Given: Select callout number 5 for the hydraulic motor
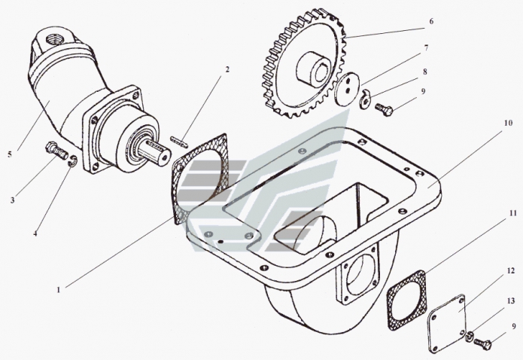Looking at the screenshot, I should pyautogui.click(x=10, y=154).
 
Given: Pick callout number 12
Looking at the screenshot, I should pyautogui.click(x=509, y=269).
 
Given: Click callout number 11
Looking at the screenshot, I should pyautogui.click(x=509, y=214).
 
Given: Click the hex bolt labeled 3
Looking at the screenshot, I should pyautogui.click(x=55, y=150).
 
